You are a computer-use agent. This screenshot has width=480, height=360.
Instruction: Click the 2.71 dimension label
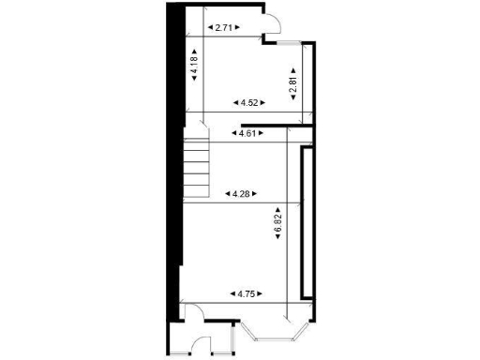click(223, 28)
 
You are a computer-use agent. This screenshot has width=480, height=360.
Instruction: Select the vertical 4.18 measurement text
click(194, 68)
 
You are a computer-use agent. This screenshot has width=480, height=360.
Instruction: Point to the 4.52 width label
click(248, 102)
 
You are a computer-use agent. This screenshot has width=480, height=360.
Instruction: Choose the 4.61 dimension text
click(248, 134)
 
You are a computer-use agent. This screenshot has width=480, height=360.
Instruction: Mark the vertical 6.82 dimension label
click(278, 222)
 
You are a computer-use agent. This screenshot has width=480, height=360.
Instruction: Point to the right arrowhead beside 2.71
click(238, 28)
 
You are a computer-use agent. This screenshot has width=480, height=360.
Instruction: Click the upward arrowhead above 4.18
click(194, 52)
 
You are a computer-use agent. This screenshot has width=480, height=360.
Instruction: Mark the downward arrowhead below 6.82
click(278, 237)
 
